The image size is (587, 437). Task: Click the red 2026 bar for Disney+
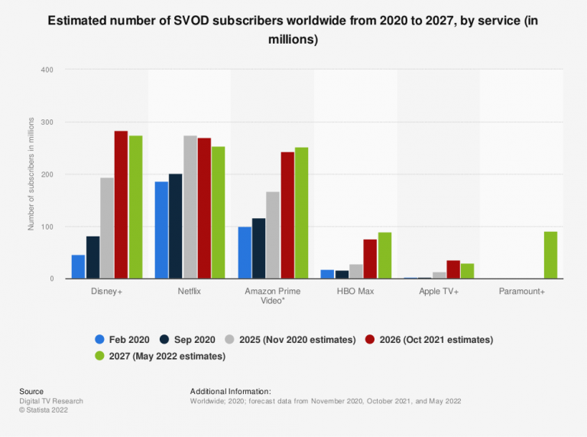[121, 205]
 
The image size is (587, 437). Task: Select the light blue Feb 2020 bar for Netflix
[161, 230]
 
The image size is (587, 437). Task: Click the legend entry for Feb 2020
[122, 339]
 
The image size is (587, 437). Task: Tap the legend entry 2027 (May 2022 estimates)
[160, 356]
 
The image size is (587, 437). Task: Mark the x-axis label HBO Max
[355, 292]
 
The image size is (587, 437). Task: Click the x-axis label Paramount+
[522, 292]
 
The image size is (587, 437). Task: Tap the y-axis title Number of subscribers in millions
[31, 174]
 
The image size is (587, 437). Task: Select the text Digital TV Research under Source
[51, 401]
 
